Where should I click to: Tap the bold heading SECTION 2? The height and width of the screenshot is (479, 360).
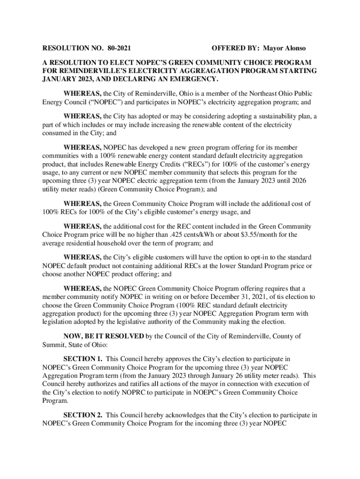coord(83,415)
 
